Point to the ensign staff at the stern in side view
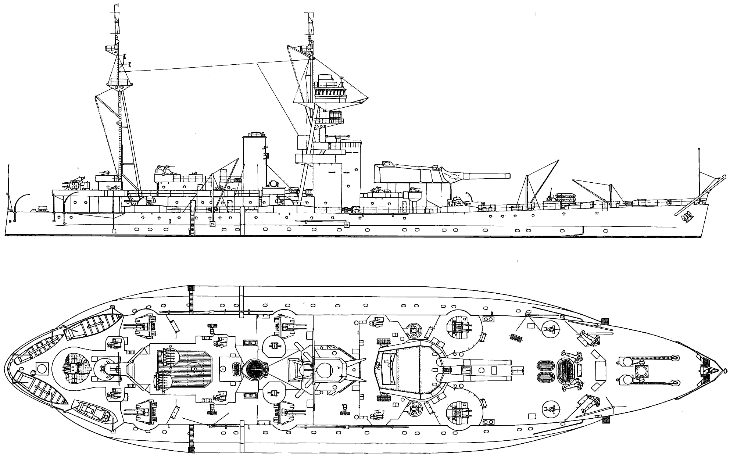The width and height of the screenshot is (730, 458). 8,187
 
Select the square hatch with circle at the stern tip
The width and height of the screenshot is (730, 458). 42,368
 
